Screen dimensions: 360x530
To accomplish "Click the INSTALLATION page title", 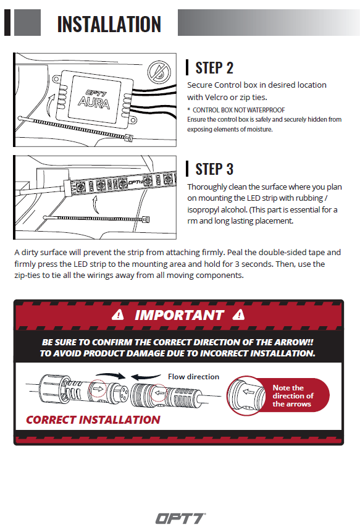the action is pos(109,24).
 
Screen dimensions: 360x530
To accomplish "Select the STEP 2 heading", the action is pos(214,67).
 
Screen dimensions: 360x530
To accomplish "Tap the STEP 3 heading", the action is pos(214,169).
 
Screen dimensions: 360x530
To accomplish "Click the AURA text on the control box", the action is pos(94,103).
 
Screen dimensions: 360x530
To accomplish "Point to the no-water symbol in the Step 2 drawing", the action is pos(159,71).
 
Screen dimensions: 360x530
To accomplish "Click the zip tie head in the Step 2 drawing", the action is pos(128,138).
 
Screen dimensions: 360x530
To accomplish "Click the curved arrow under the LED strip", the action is pos(96,205).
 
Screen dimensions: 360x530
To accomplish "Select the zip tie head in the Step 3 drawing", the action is pos(145,219).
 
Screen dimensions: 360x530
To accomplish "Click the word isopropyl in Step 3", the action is pos(203,210).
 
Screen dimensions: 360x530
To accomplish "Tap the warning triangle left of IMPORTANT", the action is pos(118,314).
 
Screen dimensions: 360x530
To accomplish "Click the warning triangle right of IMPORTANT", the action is pos(238,314).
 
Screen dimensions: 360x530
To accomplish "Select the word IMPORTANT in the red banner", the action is pos(179,315).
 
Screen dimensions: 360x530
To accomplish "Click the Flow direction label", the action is pos(193,377).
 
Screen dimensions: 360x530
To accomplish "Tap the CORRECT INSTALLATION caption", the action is pos(93,420).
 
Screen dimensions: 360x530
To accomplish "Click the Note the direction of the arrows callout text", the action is pos(293,395).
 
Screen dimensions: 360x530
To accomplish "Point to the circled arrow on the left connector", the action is pos(98,389).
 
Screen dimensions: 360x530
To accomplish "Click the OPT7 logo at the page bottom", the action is pos(180,518).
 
